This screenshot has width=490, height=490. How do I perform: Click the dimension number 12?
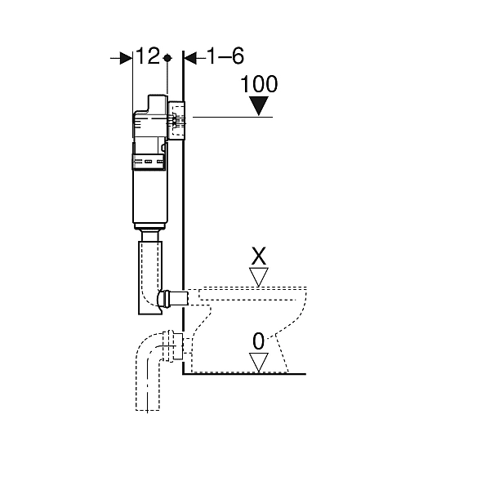[x=148, y=56]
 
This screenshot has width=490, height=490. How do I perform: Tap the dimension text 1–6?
[x=225, y=56]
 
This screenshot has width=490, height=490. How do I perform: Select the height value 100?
[x=259, y=84]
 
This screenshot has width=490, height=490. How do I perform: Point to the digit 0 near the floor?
[x=258, y=341]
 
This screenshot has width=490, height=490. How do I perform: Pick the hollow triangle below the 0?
[x=259, y=363]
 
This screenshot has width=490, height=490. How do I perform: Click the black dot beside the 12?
[x=167, y=58]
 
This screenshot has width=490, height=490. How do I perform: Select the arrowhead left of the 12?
[x=127, y=58]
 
